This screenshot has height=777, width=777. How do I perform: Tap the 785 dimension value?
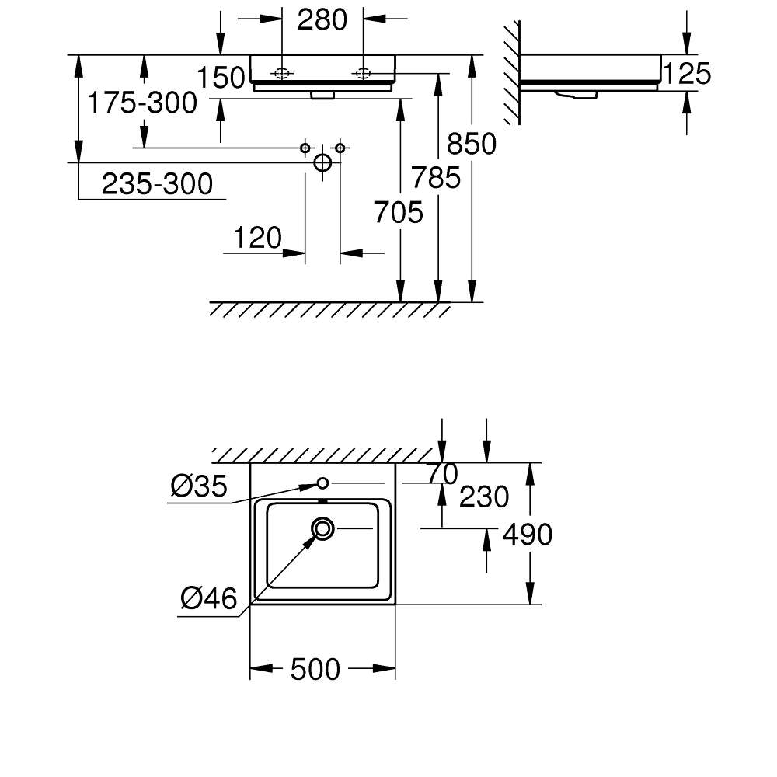[x=437, y=178]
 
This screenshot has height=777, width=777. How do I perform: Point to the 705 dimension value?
[x=399, y=211]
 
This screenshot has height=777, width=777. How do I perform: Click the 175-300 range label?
[x=141, y=102]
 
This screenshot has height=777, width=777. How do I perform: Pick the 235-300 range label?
[x=157, y=184]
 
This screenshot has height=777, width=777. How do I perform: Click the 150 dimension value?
[x=220, y=78]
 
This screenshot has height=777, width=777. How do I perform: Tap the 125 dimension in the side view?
[x=687, y=73]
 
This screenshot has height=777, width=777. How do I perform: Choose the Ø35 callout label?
[x=199, y=487]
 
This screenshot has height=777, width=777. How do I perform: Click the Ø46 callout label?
[x=208, y=598]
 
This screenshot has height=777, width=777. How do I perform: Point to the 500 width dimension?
[x=315, y=668]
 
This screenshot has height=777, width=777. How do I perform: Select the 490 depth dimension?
[x=528, y=534]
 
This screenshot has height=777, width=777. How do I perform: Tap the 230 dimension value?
[x=484, y=497]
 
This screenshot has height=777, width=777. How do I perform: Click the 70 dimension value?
[x=443, y=472]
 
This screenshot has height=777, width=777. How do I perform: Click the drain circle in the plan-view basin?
[x=322, y=528]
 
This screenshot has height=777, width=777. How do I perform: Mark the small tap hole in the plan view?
[x=322, y=483]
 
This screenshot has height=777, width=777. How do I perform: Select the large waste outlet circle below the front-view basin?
[x=322, y=162]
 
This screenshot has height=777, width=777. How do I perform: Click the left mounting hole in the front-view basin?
[x=281, y=74]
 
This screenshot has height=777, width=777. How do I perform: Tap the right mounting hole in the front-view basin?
[x=363, y=74]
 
